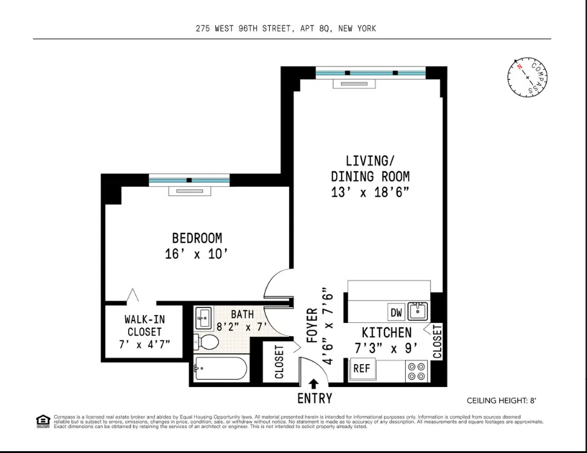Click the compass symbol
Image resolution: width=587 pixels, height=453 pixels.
pyautogui.click(x=527, y=78)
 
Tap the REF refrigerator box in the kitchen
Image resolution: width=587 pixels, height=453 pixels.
pyautogui.click(x=362, y=368)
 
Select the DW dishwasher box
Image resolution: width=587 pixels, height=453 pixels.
pyautogui.click(x=396, y=313)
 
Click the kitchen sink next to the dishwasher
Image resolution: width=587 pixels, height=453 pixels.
pyautogui.click(x=417, y=311)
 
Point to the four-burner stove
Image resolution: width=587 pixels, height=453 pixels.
pyautogui.click(x=416, y=371)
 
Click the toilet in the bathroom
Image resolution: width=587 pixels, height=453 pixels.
pyautogui.click(x=207, y=342)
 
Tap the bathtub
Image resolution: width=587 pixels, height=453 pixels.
pyautogui.click(x=221, y=368)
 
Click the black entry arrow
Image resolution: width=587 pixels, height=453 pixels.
pyautogui.click(x=314, y=384)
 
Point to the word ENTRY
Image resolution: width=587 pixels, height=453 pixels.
pyautogui.click(x=314, y=399)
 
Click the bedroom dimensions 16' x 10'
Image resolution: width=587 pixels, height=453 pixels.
pyautogui.click(x=196, y=254)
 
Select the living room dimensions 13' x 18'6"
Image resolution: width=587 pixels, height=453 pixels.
pyautogui.click(x=371, y=192)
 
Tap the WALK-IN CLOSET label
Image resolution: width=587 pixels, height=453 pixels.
pyautogui.click(x=144, y=331)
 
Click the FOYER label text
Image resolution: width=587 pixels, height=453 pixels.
pyautogui.click(x=312, y=327)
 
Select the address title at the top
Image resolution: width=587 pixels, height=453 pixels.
pyautogui.click(x=285, y=28)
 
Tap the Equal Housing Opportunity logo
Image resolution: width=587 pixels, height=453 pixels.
pyautogui.click(x=43, y=420)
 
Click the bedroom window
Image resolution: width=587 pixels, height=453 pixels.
pyautogui.click(x=189, y=180)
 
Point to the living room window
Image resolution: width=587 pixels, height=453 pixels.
pyautogui.click(x=371, y=73)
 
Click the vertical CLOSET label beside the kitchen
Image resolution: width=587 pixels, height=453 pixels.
pyautogui.click(x=438, y=341)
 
